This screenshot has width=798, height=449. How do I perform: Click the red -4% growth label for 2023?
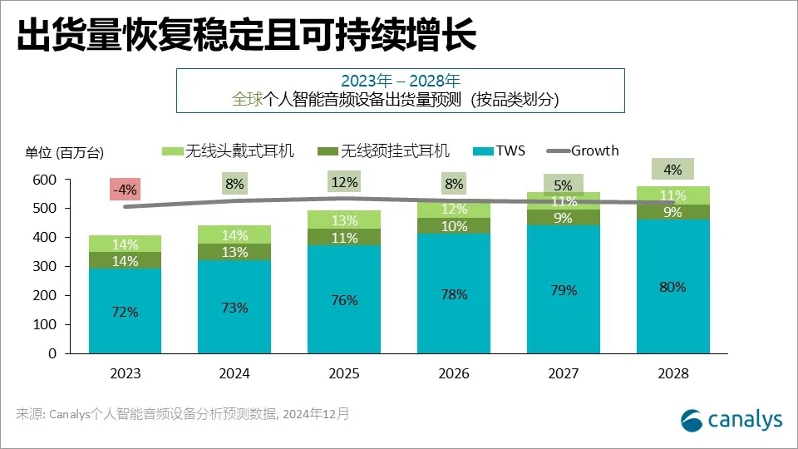click(126, 190)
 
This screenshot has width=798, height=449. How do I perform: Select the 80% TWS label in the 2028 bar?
click(672, 287)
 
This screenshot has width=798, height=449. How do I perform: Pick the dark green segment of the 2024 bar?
click(234, 252)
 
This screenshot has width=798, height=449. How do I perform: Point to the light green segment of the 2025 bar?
click(343, 220)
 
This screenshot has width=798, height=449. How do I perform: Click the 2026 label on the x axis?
click(454, 374)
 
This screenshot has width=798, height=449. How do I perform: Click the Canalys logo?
click(731, 420)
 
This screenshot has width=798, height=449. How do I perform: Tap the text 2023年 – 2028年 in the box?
click(400, 81)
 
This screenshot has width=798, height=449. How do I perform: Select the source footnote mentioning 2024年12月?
click(183, 413)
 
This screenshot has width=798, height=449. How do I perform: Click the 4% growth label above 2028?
click(672, 170)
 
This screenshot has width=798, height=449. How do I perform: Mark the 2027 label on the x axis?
click(564, 374)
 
